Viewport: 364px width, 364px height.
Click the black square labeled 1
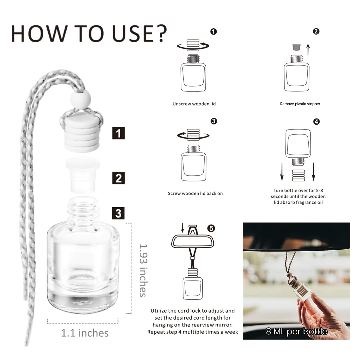[119, 133]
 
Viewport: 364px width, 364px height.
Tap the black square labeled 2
[119, 178]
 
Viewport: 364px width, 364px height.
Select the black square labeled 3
[118, 213]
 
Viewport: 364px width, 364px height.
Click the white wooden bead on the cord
[81, 99]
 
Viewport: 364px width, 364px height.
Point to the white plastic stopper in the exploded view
[82, 175]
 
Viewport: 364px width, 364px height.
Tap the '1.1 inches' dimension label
[85, 333]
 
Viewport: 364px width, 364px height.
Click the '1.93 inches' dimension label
[143, 270]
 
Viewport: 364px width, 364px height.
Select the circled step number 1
[213, 31]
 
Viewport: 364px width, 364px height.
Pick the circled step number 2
[316, 31]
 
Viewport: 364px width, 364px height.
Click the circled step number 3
[214, 121]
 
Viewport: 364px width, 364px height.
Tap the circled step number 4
[317, 121]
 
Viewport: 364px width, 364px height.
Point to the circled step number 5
[211, 228]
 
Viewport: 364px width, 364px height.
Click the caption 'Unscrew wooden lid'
[194, 104]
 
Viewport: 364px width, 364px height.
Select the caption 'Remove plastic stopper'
[300, 104]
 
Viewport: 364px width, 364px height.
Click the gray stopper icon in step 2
[296, 47]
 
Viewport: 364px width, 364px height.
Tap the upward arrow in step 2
[308, 49]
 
